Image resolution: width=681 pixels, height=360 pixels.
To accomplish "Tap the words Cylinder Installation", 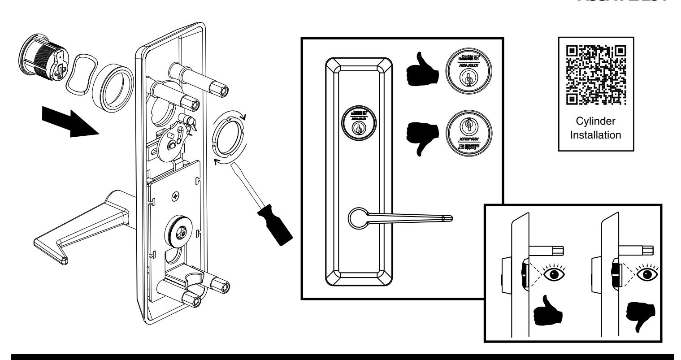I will [x=595, y=128].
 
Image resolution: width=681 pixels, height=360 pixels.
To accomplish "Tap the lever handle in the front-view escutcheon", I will [x=399, y=218].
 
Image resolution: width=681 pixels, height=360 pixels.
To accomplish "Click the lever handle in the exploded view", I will [x=85, y=229].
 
